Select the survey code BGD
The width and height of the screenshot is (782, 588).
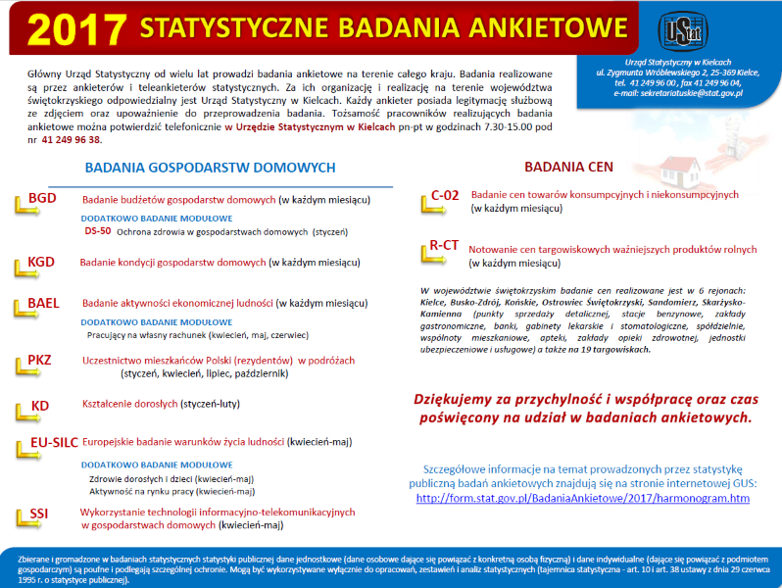pos(42,197)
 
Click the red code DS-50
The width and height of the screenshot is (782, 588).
pos(98,232)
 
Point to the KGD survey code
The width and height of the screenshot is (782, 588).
pos(42,262)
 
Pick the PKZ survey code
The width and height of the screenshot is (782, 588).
pos(41,360)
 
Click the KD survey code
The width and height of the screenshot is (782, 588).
pos(39,405)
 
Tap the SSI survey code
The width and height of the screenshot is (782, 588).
pos(39,513)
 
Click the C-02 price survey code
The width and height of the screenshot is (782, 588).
pos(445,195)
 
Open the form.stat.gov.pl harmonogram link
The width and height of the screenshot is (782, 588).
pos(583,498)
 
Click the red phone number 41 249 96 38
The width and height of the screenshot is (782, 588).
pos(72,139)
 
